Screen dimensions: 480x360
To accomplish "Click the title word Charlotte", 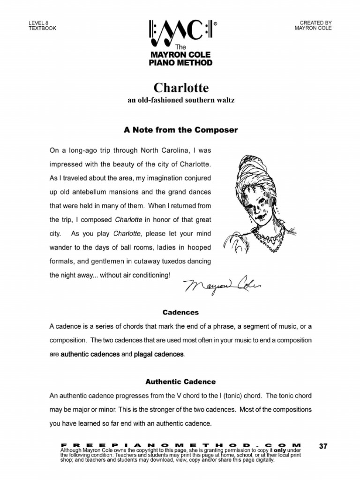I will pyautogui.click(x=180, y=88).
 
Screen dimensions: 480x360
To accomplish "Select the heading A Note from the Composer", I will pyautogui.click(x=180, y=130).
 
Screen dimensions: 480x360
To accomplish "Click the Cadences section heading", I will pyautogui.click(x=180, y=312).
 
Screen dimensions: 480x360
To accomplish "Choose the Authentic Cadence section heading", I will pyautogui.click(x=180, y=382).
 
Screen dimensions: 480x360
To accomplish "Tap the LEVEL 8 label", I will pyautogui.click(x=38, y=22).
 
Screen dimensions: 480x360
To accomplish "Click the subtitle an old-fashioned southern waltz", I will pyautogui.click(x=180, y=101).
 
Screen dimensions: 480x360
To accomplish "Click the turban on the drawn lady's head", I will pyautogui.click(x=254, y=166).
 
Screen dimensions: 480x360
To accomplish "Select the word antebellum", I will pyautogui.click(x=97, y=192).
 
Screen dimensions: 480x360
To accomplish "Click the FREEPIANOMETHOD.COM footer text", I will pyautogui.click(x=180, y=443).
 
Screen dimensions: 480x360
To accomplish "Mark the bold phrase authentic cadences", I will pyautogui.click(x=90, y=354).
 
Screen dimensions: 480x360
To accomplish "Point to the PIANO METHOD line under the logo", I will pyautogui.click(x=180, y=63).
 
